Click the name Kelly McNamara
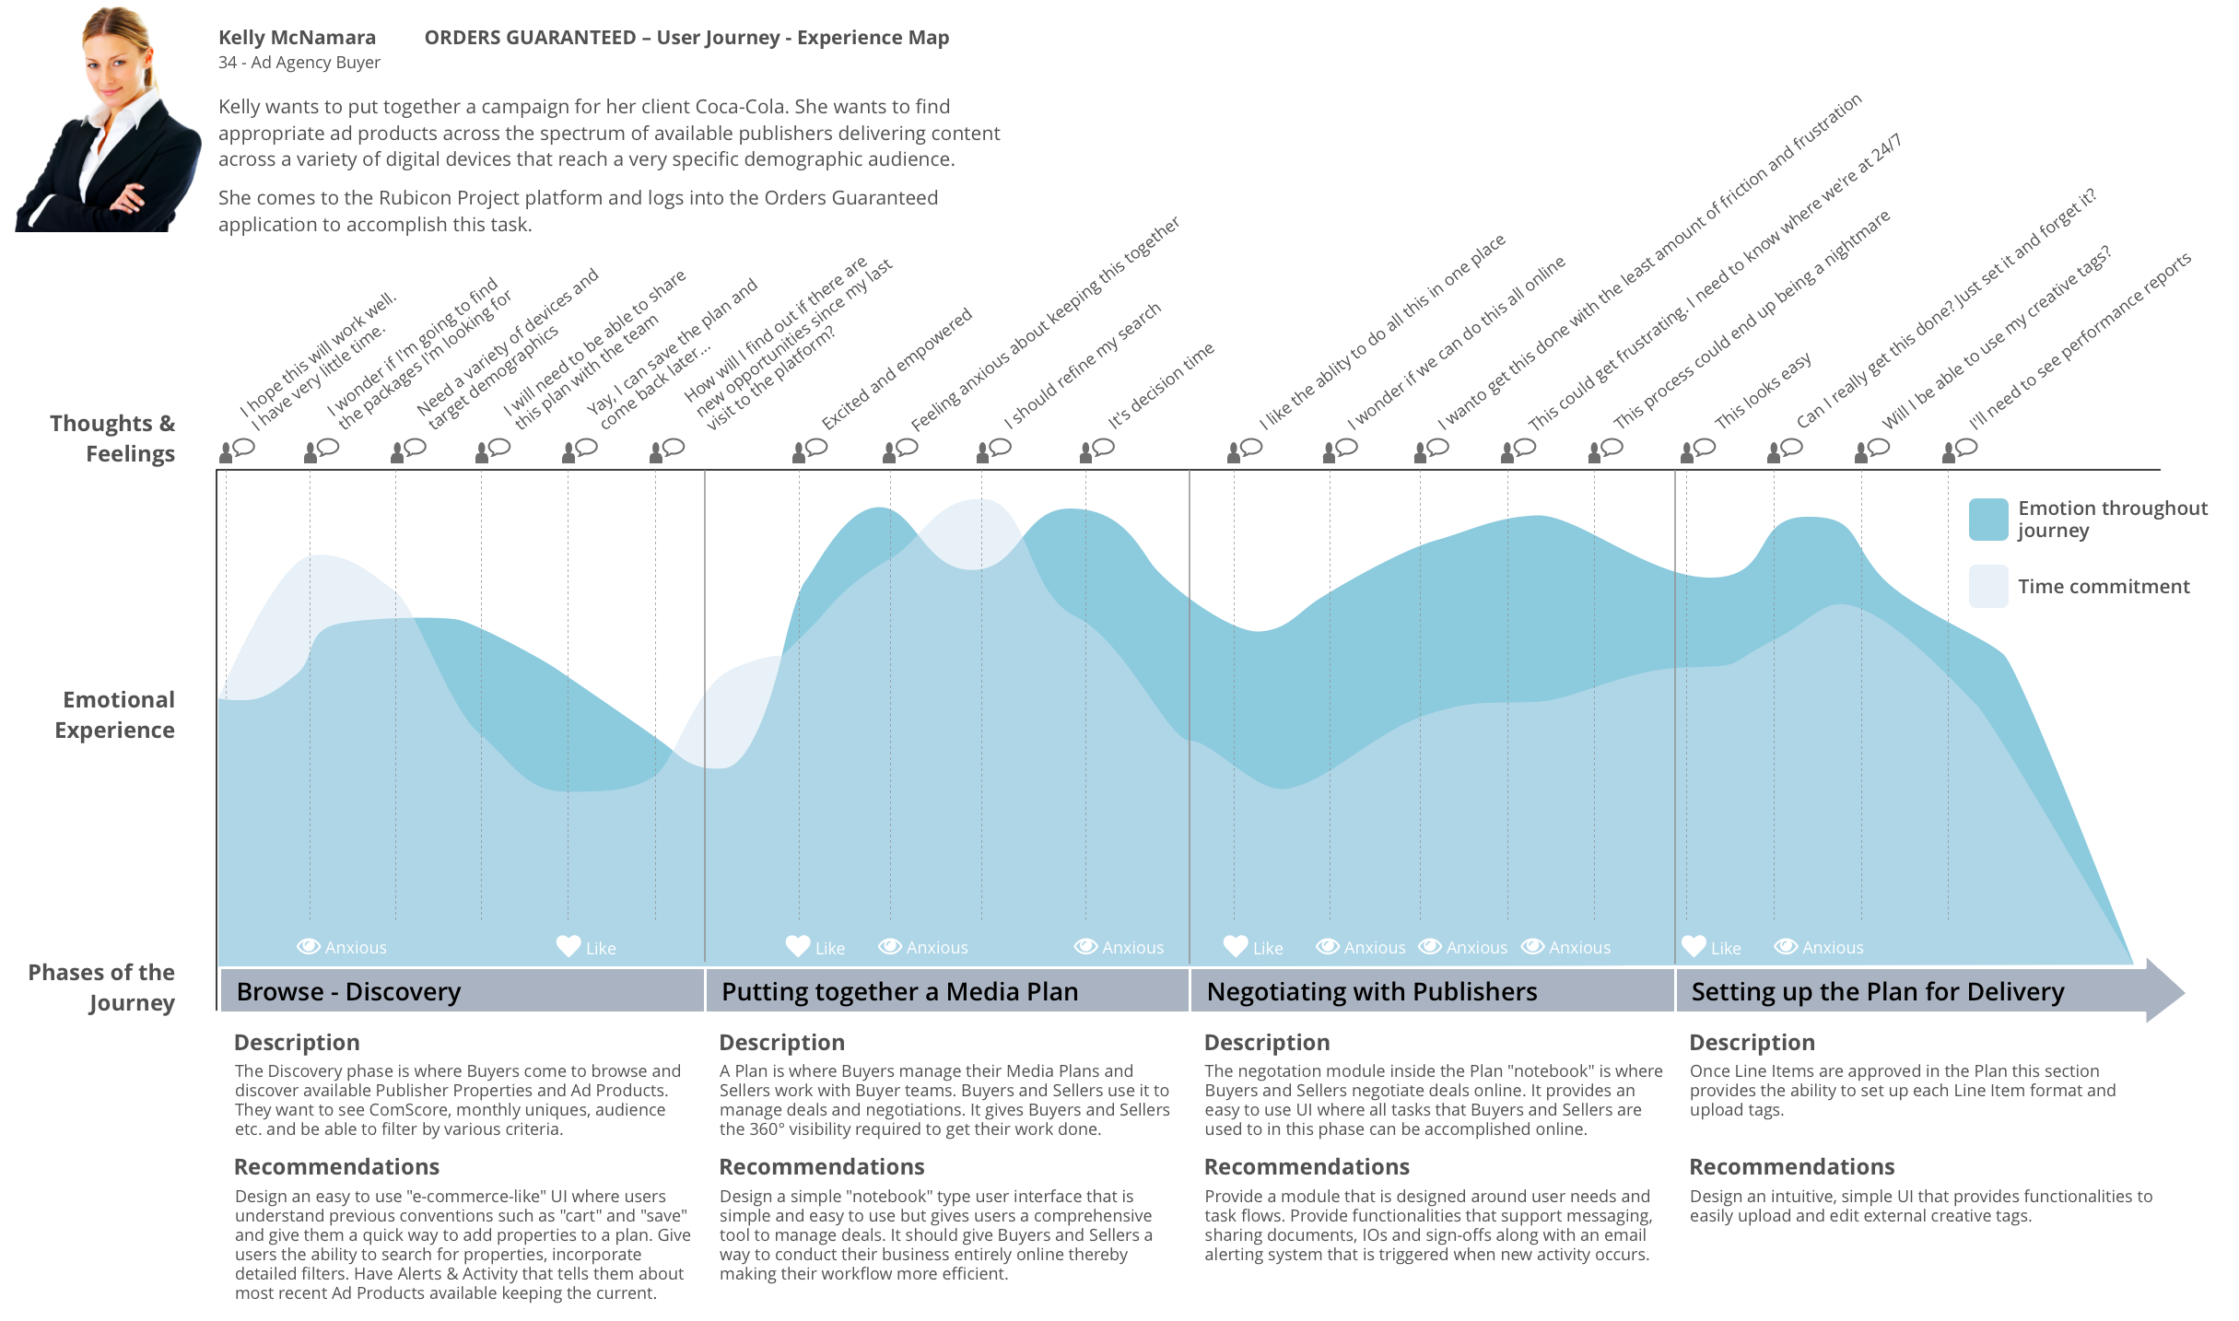(297, 38)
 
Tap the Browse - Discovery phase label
(348, 992)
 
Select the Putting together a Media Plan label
(899, 992)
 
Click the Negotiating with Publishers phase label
(1371, 992)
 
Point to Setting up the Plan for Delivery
(1877, 992)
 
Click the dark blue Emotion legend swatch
(1987, 520)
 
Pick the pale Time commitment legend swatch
(1987, 586)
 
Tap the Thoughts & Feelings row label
(112, 438)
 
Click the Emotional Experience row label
(115, 715)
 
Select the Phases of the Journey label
(102, 988)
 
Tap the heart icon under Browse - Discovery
(569, 946)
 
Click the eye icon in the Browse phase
(308, 946)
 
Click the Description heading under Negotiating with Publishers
(1267, 1043)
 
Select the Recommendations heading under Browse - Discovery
(336, 1167)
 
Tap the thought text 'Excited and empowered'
(897, 369)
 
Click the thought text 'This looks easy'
(1763, 391)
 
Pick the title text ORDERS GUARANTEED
(530, 38)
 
